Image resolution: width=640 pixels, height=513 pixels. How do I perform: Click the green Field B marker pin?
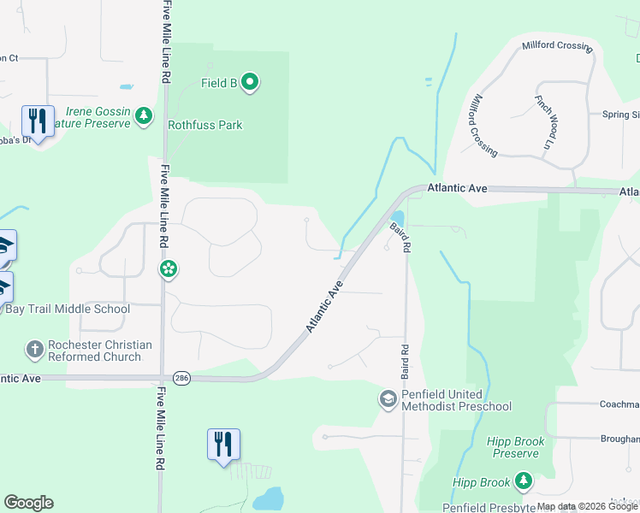(x=250, y=83)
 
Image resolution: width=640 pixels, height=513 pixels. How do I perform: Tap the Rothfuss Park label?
(x=204, y=125)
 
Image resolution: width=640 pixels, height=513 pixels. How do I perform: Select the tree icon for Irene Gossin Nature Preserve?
(x=145, y=115)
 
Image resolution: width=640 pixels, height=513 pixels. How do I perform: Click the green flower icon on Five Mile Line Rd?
(x=169, y=270)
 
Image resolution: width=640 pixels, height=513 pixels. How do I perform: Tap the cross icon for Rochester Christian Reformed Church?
(x=34, y=349)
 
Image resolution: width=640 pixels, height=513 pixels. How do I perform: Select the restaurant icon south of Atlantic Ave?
(x=223, y=445)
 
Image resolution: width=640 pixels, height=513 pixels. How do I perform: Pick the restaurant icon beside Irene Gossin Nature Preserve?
(x=37, y=121)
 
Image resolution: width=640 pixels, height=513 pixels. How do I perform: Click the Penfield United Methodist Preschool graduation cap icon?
(x=388, y=399)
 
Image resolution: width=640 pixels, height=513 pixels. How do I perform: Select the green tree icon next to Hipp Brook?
(x=524, y=483)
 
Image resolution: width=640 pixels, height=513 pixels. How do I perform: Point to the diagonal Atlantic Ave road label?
(x=325, y=305)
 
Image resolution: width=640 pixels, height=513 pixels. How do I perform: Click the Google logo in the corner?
(x=28, y=503)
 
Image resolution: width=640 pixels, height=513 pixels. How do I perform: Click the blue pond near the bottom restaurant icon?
(x=267, y=498)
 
